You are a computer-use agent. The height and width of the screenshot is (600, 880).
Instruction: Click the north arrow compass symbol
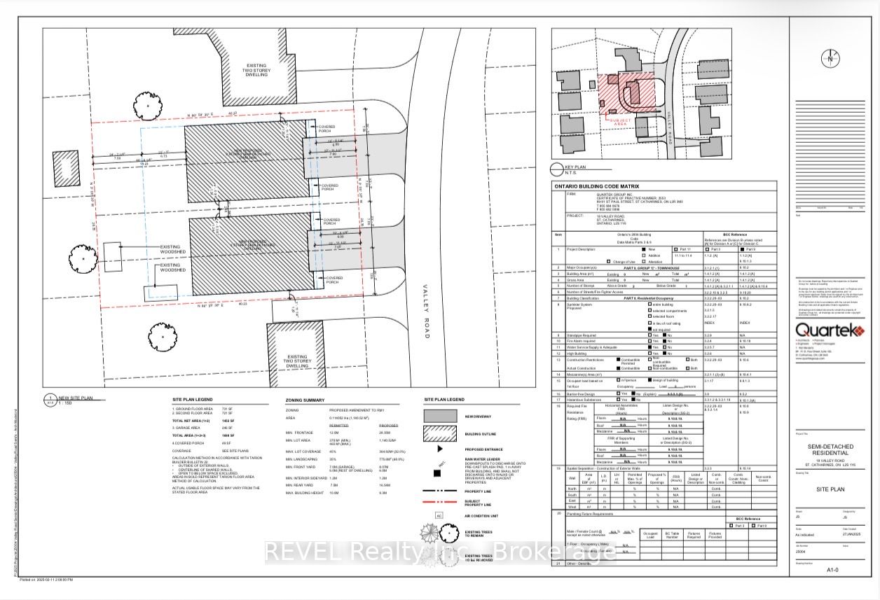click(831, 59)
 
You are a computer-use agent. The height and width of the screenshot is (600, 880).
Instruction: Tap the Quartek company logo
click(823, 330)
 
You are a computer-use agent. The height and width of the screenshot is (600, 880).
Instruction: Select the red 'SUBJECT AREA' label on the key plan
click(619, 120)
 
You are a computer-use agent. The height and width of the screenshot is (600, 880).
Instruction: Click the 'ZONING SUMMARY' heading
click(306, 400)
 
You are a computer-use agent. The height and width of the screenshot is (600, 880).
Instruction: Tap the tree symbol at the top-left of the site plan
click(149, 106)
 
